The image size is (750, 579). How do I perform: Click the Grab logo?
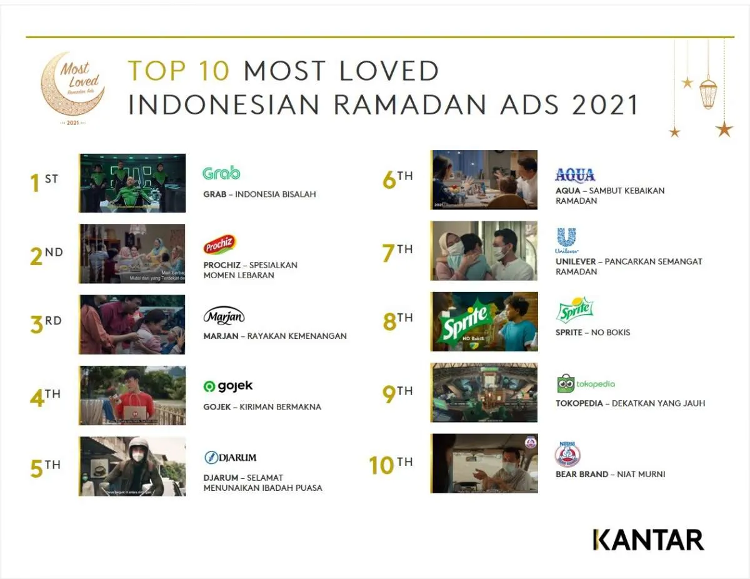pos(221,173)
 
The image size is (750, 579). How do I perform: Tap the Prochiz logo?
pos(219,245)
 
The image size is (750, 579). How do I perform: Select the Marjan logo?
pos(224,316)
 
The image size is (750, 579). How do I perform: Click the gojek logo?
pos(228,386)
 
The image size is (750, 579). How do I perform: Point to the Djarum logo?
pos(230,458)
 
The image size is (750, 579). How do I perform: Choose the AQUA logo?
pos(575,174)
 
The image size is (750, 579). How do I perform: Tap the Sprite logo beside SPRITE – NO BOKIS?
pos(574,310)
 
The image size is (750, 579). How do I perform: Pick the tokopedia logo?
pos(586,383)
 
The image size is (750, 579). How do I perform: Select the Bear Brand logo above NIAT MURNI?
pos(567,455)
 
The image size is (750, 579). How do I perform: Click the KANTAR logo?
pos(648,540)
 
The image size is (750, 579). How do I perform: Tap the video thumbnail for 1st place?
pos(132,183)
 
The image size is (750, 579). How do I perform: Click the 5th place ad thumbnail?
pos(132,466)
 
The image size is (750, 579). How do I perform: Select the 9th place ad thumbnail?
pos(484,393)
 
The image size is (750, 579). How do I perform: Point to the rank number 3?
pos(37,325)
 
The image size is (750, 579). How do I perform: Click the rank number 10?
pos(381,466)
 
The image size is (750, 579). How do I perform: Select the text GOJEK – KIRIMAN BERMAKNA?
pos(262,407)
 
